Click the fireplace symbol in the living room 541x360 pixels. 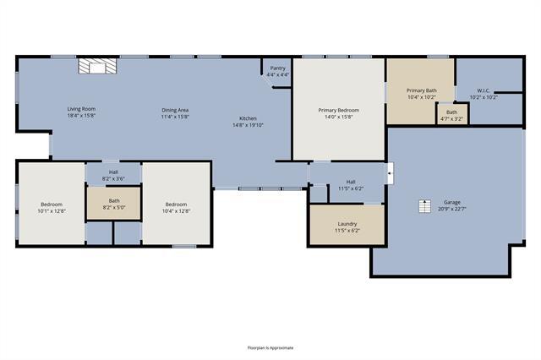[x=96, y=67]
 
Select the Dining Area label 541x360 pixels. [x=175, y=110]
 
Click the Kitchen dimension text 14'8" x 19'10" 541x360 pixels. [x=248, y=125]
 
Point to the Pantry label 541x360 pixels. [x=277, y=68]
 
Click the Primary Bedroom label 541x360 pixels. [x=338, y=110]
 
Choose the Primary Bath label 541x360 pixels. [x=420, y=90]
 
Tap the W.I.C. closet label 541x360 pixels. [x=484, y=90]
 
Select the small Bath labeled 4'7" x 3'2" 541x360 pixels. [x=451, y=112]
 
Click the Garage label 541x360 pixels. [x=452, y=202]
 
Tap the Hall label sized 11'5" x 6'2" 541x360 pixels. [x=351, y=182]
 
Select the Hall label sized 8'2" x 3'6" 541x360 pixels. [x=113, y=172]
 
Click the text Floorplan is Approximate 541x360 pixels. [x=270, y=347]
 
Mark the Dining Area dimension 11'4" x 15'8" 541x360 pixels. [x=175, y=117]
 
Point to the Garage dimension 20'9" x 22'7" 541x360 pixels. [x=452, y=209]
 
